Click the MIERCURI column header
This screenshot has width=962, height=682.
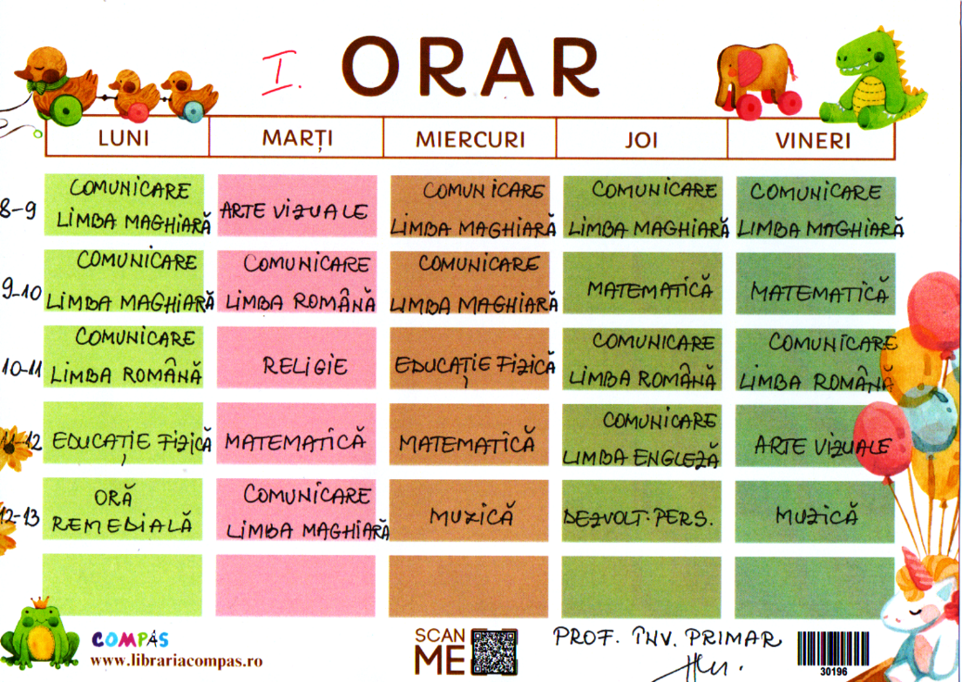pos(470,139)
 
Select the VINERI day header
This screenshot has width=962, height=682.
pos(813,140)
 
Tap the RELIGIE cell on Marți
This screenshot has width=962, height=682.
pos(296,358)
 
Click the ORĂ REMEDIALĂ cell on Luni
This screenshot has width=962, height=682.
pos(123,509)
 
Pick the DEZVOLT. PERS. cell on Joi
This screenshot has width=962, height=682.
pos(641,511)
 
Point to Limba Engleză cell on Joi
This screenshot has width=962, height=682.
pos(641,436)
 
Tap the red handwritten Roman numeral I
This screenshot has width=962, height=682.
pos(281,73)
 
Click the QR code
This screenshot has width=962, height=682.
pos(494,652)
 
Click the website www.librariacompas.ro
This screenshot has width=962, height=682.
pos(176,660)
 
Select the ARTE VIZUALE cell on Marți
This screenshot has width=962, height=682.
pos(297,206)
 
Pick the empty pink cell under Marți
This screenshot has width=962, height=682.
pos(295,585)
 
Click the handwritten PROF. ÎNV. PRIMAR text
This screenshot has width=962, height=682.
pos(667,638)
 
